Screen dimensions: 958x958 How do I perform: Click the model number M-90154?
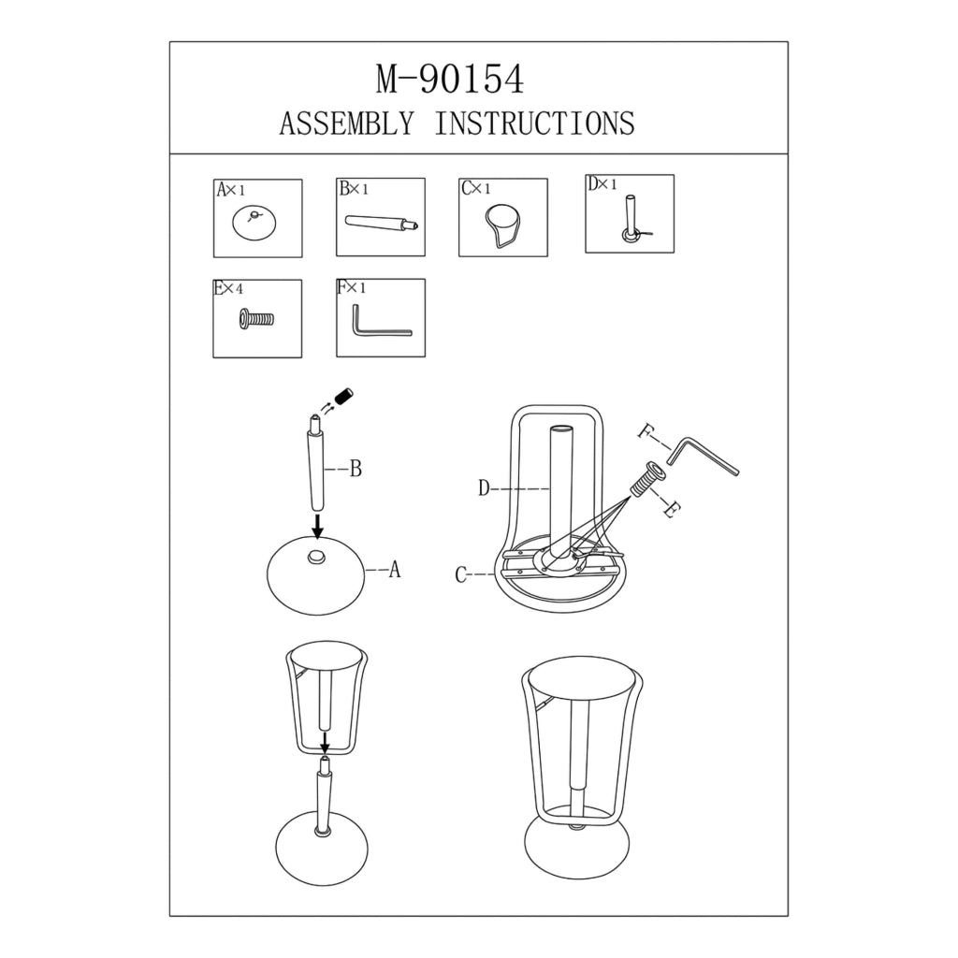coord(450,80)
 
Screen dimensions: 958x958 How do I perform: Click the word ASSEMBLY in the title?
coord(347,123)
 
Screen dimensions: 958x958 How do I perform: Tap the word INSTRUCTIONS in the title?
coord(534,123)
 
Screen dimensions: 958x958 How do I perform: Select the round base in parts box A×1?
coord(254,223)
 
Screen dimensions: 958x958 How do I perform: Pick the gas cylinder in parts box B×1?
coord(382,223)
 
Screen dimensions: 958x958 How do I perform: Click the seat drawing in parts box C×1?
coord(502,225)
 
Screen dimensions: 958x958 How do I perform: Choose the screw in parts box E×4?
coord(256,319)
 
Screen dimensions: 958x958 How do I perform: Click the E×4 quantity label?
coord(228,288)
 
